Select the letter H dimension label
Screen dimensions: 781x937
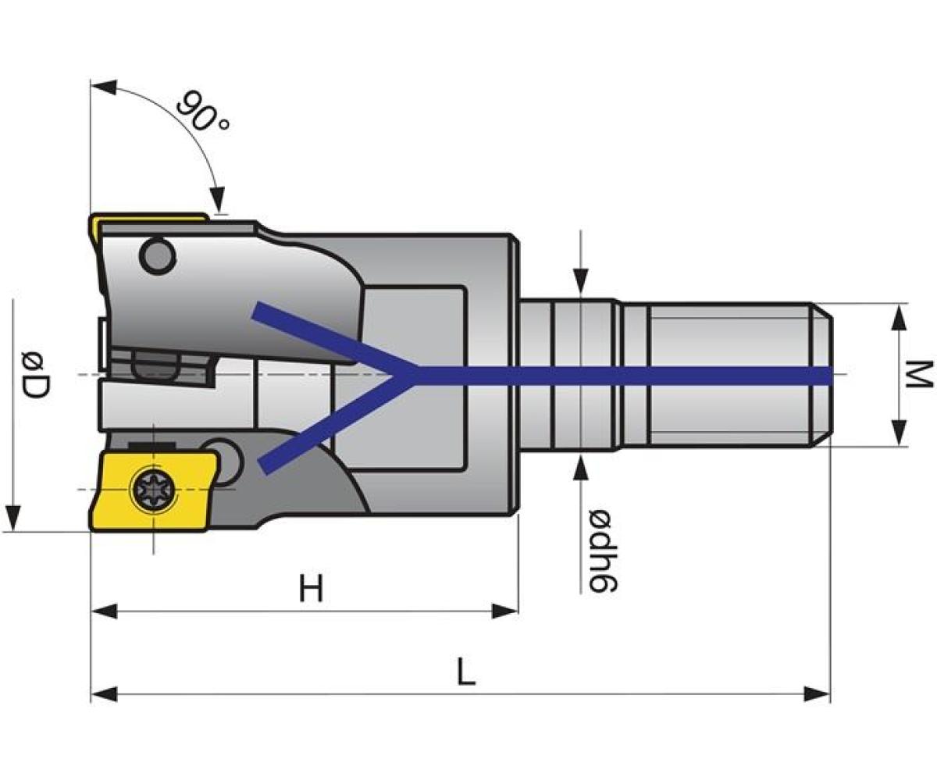(311, 589)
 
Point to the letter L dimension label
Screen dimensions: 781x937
(466, 672)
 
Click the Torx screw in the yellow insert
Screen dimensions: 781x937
(151, 490)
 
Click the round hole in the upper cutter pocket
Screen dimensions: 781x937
(156, 255)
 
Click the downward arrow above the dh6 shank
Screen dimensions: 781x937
(582, 281)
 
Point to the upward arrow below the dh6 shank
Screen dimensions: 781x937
(582, 467)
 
